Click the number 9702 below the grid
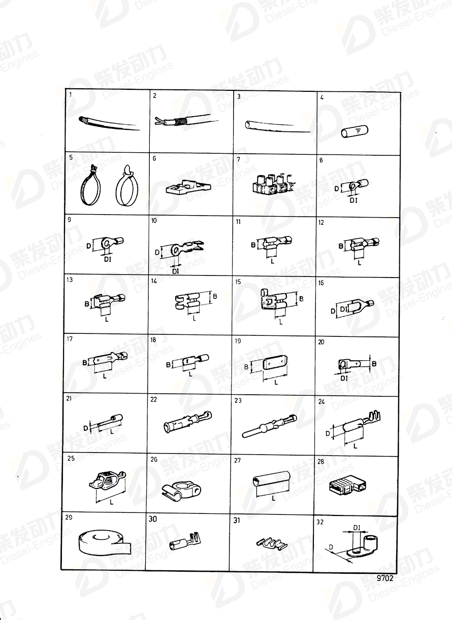coord(385,578)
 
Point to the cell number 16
coord(321,283)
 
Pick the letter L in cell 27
coord(274,498)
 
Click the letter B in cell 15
coord(301,299)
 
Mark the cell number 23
coord(238,400)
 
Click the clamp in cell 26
coord(184,489)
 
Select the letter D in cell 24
coord(327,434)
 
